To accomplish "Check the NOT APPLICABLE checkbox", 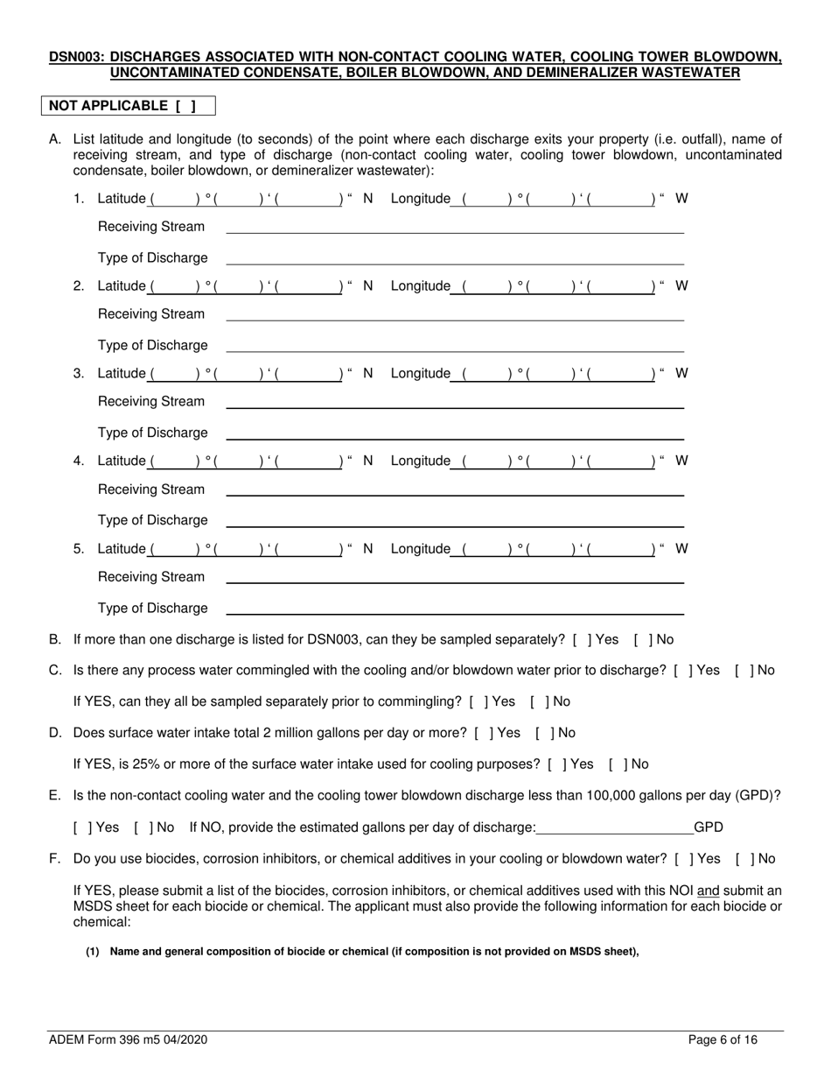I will tap(185, 106).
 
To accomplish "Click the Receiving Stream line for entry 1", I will tap(455, 228).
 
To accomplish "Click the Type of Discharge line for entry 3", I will tap(455, 433).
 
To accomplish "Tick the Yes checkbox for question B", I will tap(580, 640).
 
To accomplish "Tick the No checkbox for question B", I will tap(641, 640).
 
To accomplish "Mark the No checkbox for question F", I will tap(743, 859).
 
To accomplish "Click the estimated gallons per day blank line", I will tap(613, 827).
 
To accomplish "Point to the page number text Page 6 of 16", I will tap(723, 1040).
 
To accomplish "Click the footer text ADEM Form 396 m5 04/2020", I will tap(128, 1040).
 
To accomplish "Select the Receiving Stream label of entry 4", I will tap(151, 489).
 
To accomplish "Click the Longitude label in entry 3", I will tap(420, 374).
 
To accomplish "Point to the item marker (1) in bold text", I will tap(93, 953).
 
